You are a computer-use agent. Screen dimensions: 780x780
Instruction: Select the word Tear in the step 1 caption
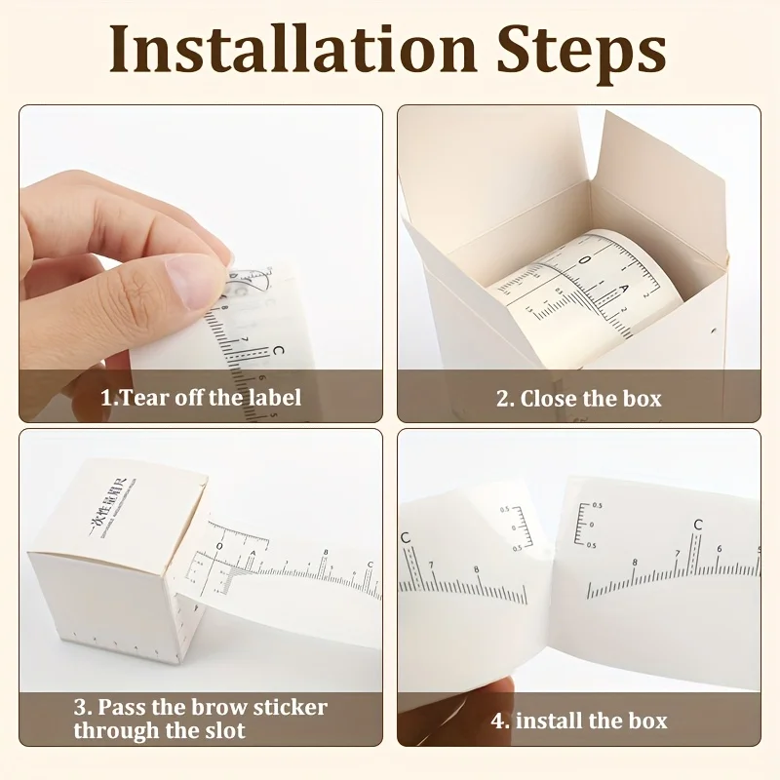tap(148, 398)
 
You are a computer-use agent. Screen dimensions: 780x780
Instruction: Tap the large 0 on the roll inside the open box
tap(584, 259)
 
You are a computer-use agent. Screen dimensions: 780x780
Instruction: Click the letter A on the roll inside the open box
tap(625, 290)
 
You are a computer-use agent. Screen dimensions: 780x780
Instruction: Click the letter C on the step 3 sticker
tap(370, 565)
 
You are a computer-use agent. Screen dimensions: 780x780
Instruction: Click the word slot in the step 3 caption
tap(226, 730)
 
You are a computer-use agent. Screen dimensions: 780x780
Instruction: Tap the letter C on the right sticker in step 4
tap(697, 526)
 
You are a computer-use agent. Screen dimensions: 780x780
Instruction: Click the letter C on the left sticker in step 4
tap(405, 538)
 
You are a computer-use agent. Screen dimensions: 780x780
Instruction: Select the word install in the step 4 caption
tap(551, 721)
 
